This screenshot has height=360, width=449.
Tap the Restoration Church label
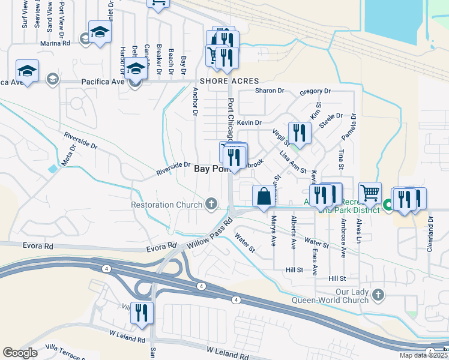(166, 205)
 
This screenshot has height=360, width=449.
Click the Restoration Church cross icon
(211, 205)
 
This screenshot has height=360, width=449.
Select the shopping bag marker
(264, 196)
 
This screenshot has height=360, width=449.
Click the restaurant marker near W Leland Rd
(142, 313)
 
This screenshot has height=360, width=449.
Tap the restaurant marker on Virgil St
(300, 133)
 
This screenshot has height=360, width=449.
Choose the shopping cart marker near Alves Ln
(370, 193)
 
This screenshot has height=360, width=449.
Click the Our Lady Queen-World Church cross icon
(378, 295)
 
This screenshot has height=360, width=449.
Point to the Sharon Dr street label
(269, 91)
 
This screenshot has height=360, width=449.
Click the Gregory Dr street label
(315, 91)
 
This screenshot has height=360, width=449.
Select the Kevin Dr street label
(250, 122)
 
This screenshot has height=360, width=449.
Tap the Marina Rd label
(55, 43)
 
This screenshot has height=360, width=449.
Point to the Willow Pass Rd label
(209, 233)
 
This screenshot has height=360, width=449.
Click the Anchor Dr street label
(195, 101)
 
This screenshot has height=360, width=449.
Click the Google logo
(20, 353)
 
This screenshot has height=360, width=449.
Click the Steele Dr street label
(331, 119)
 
